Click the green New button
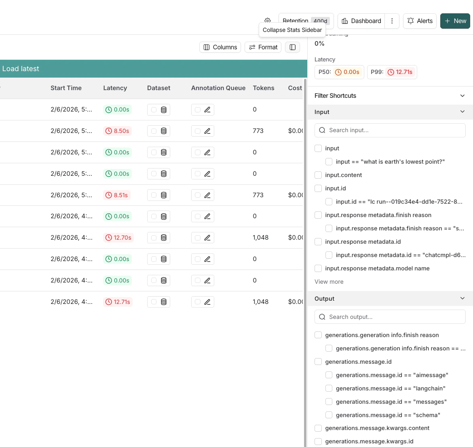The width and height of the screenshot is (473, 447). pos(455,21)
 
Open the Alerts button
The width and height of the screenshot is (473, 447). pos(420,21)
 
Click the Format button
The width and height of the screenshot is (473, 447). pos(263,47)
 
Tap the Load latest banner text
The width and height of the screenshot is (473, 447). pos(21,69)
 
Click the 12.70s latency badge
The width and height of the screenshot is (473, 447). pos(118,238)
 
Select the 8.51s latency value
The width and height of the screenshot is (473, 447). pos(117,195)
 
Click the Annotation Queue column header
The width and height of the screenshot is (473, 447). pos(218,88)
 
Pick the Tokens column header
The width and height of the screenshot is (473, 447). pos(263,88)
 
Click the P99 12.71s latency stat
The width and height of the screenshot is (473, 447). pos(392,72)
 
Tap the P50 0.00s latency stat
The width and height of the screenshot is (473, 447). pos(339,72)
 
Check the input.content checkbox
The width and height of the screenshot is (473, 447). pos(318,175)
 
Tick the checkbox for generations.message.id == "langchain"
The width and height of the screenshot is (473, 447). pos(329,388)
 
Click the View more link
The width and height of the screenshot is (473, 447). pos(329,282)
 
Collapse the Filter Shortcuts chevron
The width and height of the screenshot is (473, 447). pos(462,96)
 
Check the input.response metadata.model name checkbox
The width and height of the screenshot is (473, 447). pos(318,268)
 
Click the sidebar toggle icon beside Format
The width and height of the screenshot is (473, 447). pos(293,47)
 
